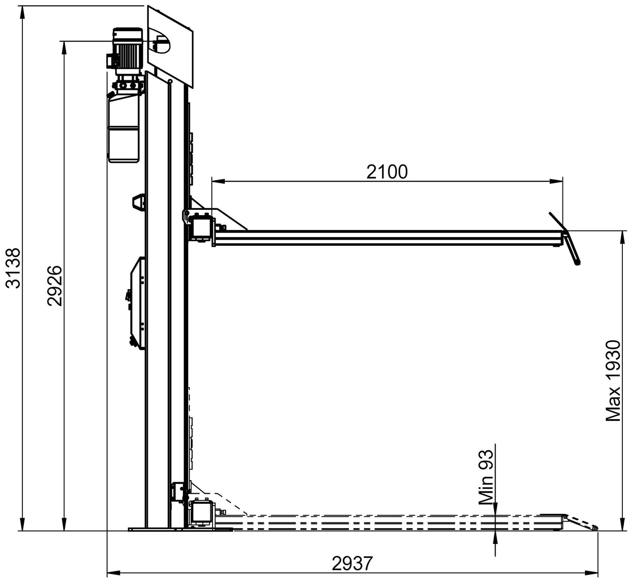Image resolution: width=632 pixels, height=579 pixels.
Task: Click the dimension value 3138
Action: [13, 268]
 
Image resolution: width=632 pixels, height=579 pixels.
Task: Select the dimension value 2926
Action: [55, 286]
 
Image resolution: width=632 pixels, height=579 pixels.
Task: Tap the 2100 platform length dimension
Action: [387, 172]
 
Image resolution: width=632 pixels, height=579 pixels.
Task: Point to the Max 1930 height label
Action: [613, 381]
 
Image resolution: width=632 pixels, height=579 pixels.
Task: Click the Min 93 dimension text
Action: [486, 478]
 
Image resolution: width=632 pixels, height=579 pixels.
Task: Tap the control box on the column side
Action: [137, 302]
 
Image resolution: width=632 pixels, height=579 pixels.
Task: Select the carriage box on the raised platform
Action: [202, 226]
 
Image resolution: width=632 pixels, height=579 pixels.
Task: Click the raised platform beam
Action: [388, 237]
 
